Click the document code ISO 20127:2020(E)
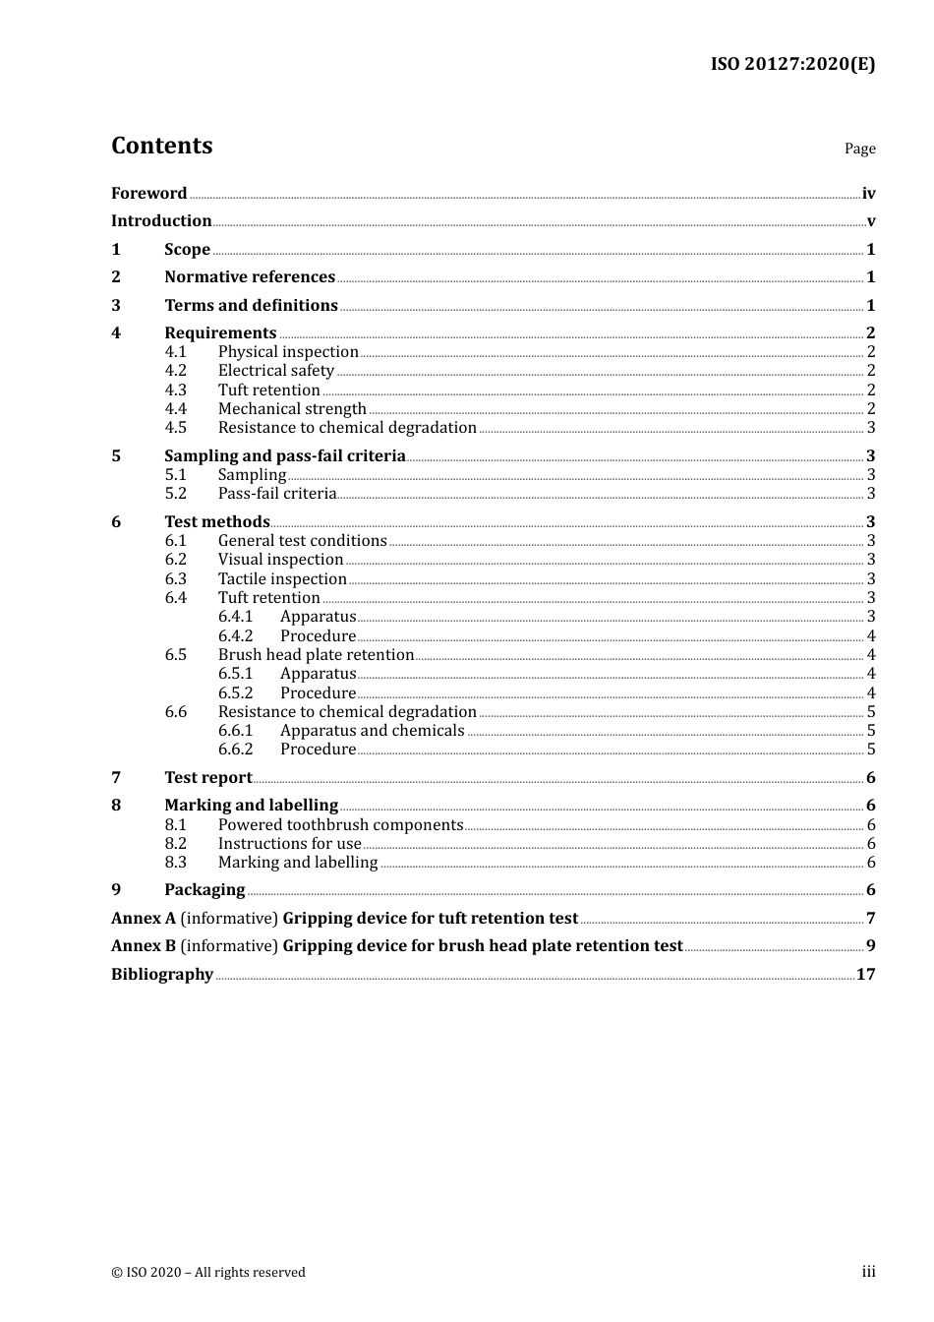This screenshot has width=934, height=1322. click(x=792, y=64)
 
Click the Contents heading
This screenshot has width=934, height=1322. click(x=161, y=146)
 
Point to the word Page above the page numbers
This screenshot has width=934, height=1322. click(x=859, y=149)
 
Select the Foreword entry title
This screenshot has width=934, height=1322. click(x=148, y=194)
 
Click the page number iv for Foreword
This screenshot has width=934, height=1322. click(x=868, y=194)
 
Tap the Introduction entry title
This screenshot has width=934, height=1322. click(x=161, y=221)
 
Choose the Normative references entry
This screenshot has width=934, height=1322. click(x=250, y=277)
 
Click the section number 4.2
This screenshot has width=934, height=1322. click(x=175, y=371)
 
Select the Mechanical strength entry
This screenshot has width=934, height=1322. click(x=292, y=409)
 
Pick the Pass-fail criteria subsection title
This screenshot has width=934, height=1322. click(x=277, y=494)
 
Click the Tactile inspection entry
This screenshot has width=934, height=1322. click(x=282, y=579)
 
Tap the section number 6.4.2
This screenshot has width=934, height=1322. click(x=235, y=636)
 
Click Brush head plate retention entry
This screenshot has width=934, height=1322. click(x=316, y=655)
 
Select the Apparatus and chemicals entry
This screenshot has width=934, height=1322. click(x=372, y=731)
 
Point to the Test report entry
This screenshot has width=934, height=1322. click(x=208, y=778)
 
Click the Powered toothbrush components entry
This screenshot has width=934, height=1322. click(x=340, y=825)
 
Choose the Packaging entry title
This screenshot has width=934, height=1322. click(x=204, y=890)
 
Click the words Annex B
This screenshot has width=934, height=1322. click(x=144, y=946)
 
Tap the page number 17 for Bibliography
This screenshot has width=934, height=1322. click(x=865, y=975)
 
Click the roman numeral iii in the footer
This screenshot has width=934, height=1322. click(x=868, y=1272)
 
